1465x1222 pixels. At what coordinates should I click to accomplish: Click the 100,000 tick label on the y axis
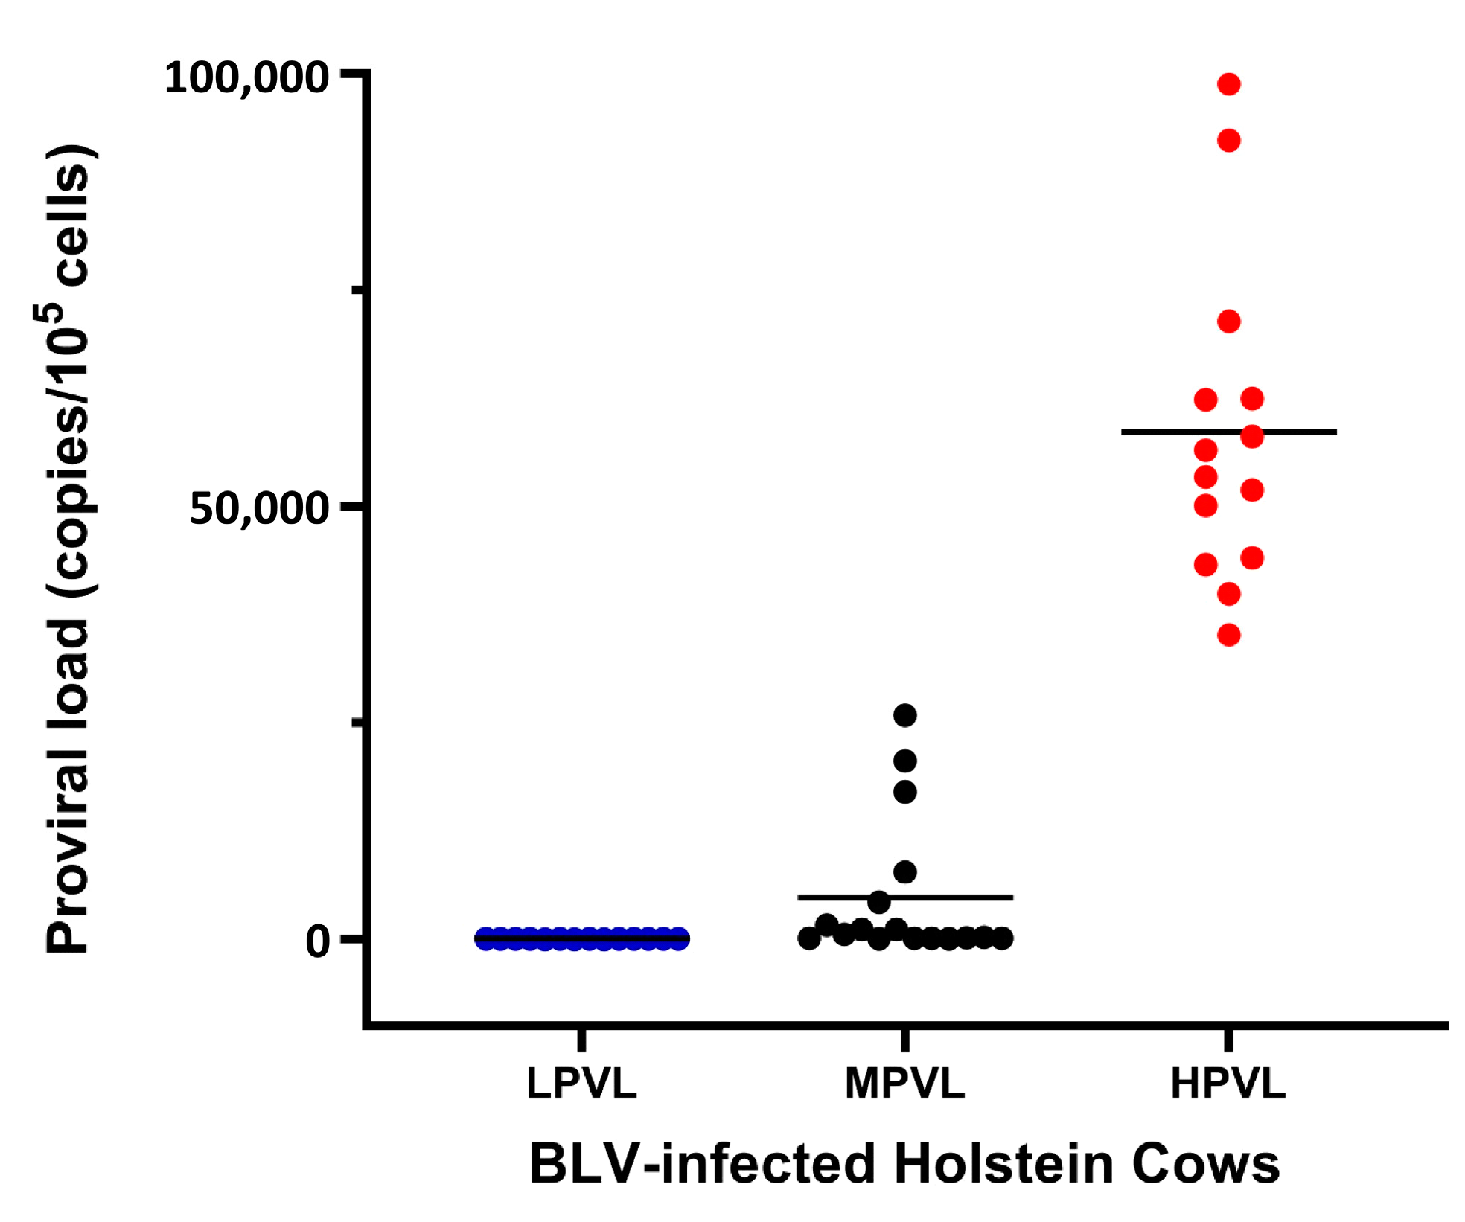(x=246, y=78)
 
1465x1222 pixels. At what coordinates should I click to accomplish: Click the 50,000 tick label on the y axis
(x=259, y=509)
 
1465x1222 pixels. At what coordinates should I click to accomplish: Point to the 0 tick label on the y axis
(x=318, y=941)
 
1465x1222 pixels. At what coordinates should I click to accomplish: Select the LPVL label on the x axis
(x=581, y=1084)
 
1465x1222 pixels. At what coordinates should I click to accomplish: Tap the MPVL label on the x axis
(x=904, y=1084)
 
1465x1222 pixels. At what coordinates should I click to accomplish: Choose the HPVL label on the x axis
(x=1228, y=1084)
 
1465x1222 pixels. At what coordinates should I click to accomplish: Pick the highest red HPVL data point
(x=1229, y=84)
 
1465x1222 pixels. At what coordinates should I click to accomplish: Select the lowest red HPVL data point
(x=1229, y=635)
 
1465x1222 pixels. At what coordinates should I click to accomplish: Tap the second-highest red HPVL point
(x=1229, y=140)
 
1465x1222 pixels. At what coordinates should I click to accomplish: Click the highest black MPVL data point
(x=905, y=715)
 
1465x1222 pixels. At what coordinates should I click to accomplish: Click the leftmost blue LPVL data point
(x=485, y=938)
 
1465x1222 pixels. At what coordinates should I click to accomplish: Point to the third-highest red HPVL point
(x=1229, y=322)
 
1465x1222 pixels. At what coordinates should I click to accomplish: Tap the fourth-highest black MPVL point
(x=905, y=871)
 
